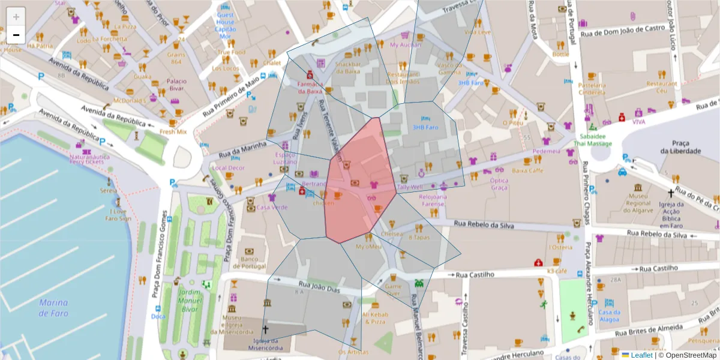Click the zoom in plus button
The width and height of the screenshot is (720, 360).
click(16, 16)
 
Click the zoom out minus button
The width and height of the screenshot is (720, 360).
click(16, 35)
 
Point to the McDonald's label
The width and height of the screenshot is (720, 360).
click(130, 100)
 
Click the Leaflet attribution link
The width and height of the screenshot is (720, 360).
click(641, 355)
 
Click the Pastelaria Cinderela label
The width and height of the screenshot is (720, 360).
click(592, 89)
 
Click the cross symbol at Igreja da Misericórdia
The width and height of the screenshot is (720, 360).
click(265, 329)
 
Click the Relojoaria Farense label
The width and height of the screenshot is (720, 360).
click(433, 200)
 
